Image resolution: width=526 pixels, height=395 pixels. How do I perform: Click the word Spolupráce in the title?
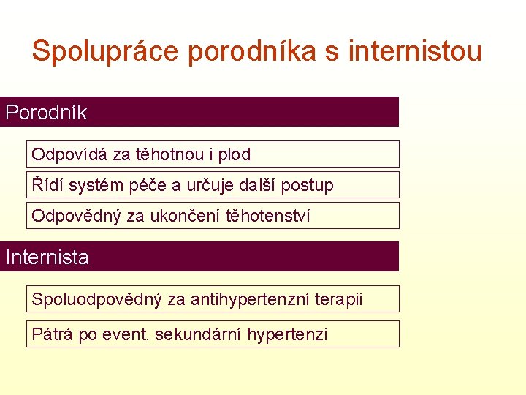click(105, 51)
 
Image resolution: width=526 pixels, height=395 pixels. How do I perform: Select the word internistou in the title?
click(415, 51)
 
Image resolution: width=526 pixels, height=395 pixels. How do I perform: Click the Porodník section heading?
click(46, 113)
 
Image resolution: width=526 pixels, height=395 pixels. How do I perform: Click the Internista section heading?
click(47, 257)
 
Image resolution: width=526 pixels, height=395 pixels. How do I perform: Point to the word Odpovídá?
click(70, 154)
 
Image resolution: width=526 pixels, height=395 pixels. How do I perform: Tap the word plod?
click(234, 154)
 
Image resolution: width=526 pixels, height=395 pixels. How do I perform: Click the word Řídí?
click(46, 185)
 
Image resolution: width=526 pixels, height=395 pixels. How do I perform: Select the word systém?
click(92, 185)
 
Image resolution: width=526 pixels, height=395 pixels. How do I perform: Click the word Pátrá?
click(53, 334)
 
